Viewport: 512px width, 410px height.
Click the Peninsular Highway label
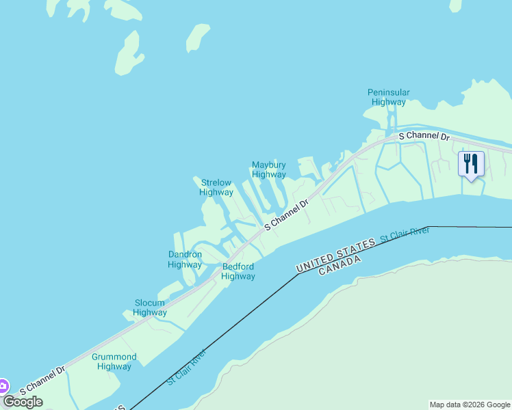388,97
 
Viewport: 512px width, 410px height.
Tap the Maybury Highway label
268,169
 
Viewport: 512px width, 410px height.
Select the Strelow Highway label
216,187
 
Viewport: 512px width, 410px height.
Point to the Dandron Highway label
185,260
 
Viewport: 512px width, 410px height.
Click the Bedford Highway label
238,271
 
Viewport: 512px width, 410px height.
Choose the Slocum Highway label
149,307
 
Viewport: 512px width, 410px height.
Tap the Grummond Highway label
114,361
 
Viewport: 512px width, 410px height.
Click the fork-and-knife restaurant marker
471,165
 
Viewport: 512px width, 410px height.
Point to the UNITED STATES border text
335,254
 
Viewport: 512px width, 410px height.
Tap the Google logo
23,401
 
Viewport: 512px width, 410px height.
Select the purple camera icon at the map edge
3,386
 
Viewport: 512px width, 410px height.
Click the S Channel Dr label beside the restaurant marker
424,137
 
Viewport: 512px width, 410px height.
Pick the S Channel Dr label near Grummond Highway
42,380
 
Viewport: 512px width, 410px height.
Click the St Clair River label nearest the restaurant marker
404,234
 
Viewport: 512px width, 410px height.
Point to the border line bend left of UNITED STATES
298,274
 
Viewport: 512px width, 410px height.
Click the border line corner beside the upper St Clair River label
428,227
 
